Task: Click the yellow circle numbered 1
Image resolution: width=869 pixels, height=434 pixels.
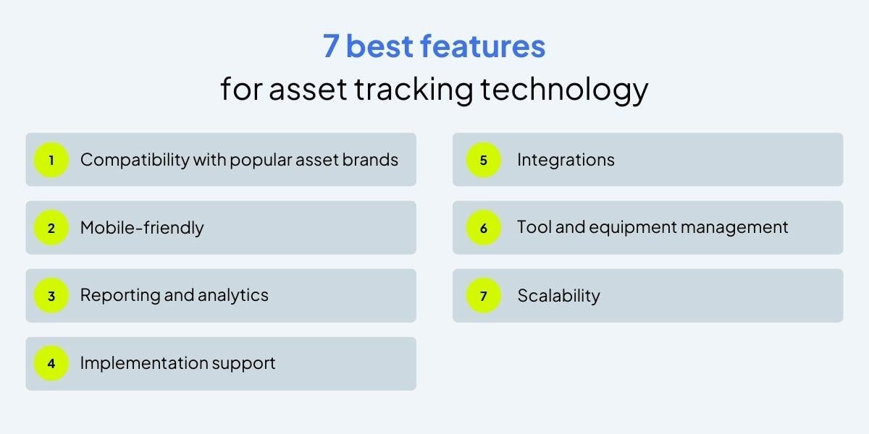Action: [x=51, y=160]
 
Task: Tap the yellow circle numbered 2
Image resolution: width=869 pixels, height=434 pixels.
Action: [x=51, y=228]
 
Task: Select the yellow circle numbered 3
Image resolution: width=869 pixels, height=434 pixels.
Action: [x=51, y=296]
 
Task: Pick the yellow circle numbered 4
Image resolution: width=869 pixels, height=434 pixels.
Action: [x=51, y=364]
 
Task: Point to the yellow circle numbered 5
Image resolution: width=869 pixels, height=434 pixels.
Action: [x=484, y=160]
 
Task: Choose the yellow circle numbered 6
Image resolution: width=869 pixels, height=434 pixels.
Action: [x=484, y=228]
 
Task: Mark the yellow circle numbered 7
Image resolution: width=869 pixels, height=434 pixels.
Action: [x=484, y=296]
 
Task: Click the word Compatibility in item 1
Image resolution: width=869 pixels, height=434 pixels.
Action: [x=134, y=160]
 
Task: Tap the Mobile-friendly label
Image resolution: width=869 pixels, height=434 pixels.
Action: [x=142, y=228]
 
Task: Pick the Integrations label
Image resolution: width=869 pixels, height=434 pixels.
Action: [x=566, y=160]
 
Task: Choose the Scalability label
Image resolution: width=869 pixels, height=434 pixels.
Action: [x=558, y=296]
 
